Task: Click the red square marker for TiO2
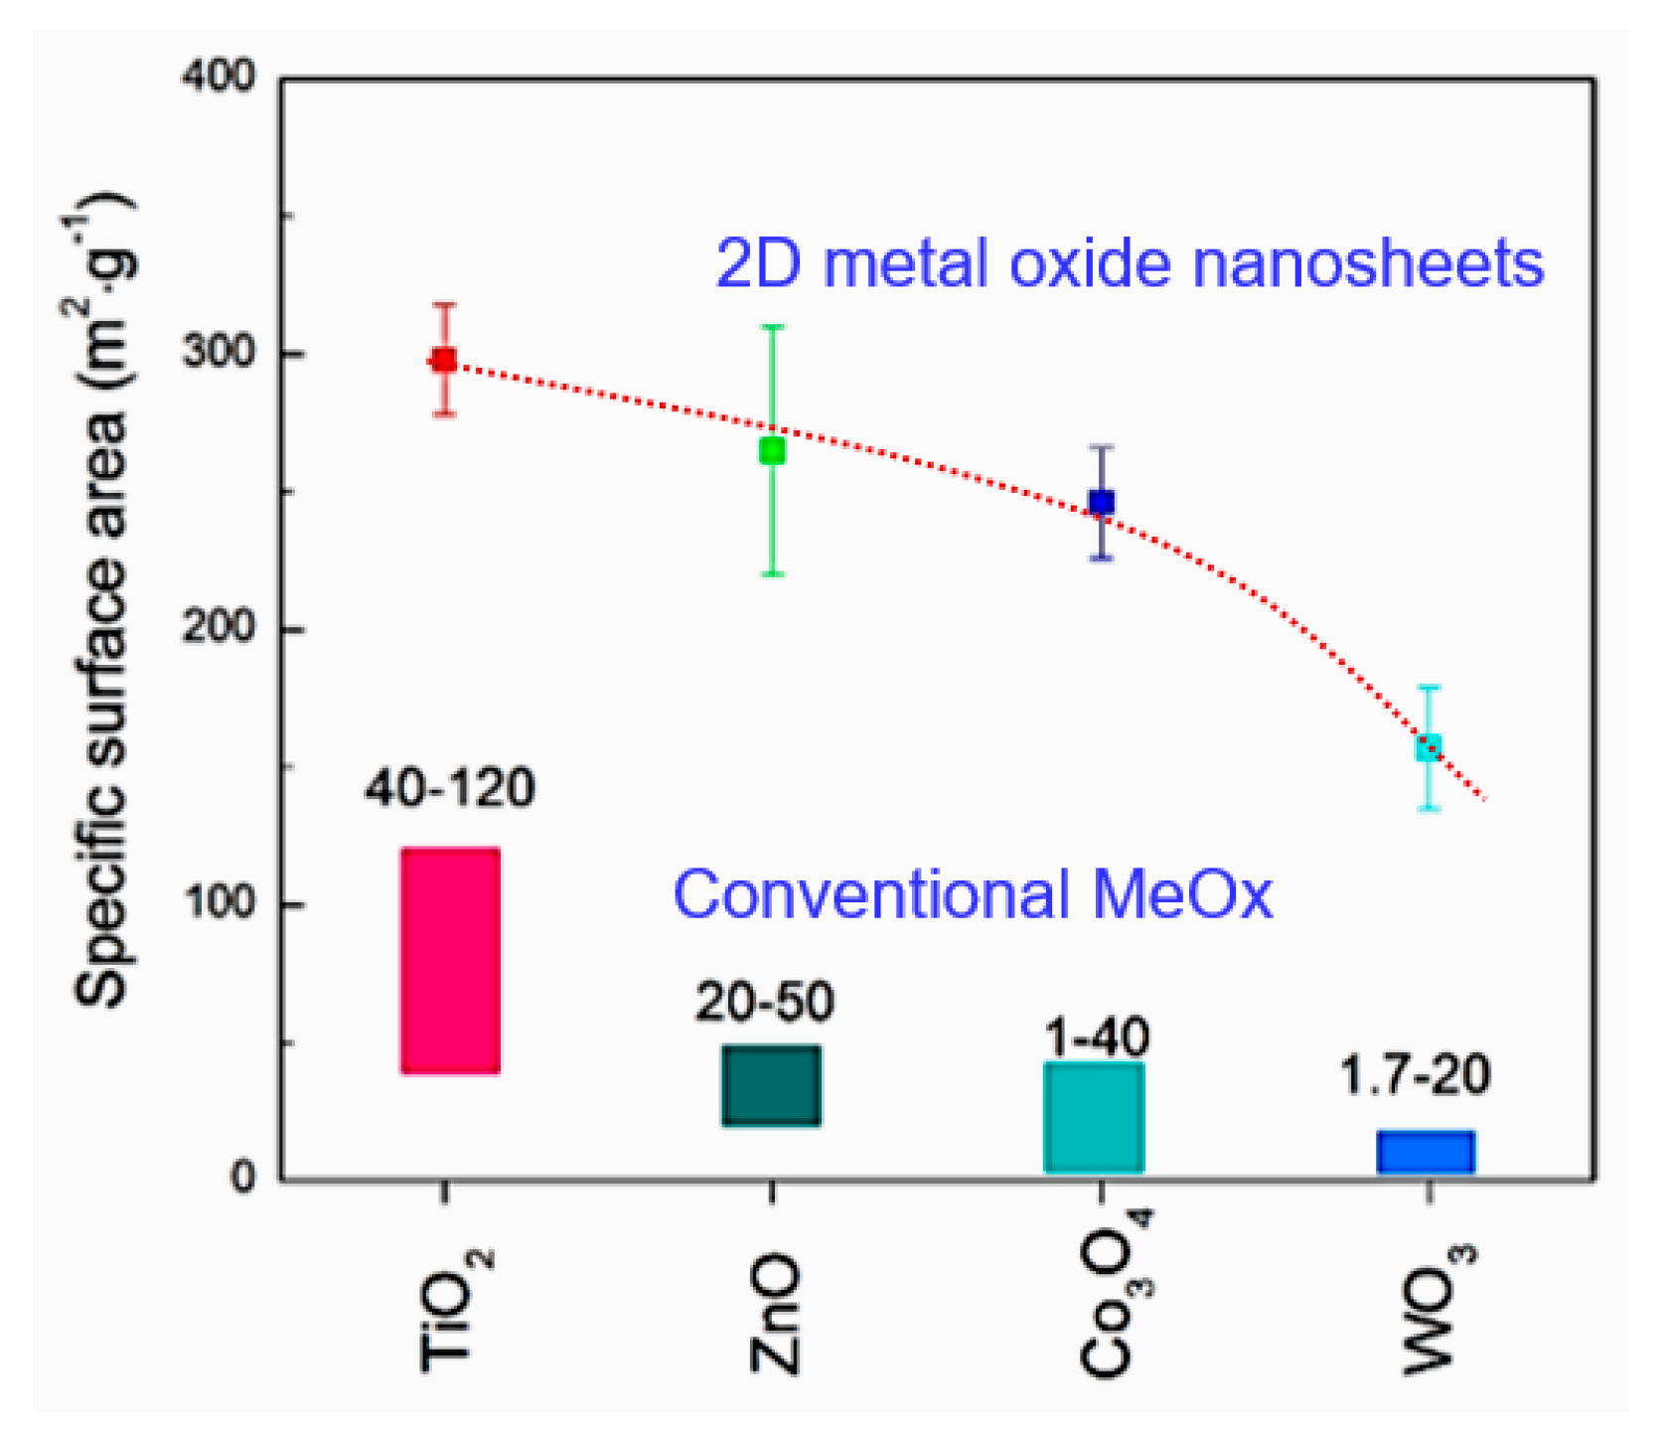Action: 443,360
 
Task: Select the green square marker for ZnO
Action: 772,451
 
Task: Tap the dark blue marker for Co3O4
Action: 1101,503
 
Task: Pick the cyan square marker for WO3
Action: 1428,747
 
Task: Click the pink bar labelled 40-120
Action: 450,960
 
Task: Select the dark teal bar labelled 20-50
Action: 771,1085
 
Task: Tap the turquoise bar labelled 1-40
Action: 1094,1118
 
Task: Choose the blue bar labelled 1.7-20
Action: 1426,1153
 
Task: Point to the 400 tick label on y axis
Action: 219,77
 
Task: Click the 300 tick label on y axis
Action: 219,353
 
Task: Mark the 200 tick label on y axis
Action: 219,629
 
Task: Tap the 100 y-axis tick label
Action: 219,904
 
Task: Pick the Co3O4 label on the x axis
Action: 1113,1292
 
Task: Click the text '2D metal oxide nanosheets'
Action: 1130,264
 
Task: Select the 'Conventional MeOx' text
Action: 972,894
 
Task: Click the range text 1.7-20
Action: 1415,1075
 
